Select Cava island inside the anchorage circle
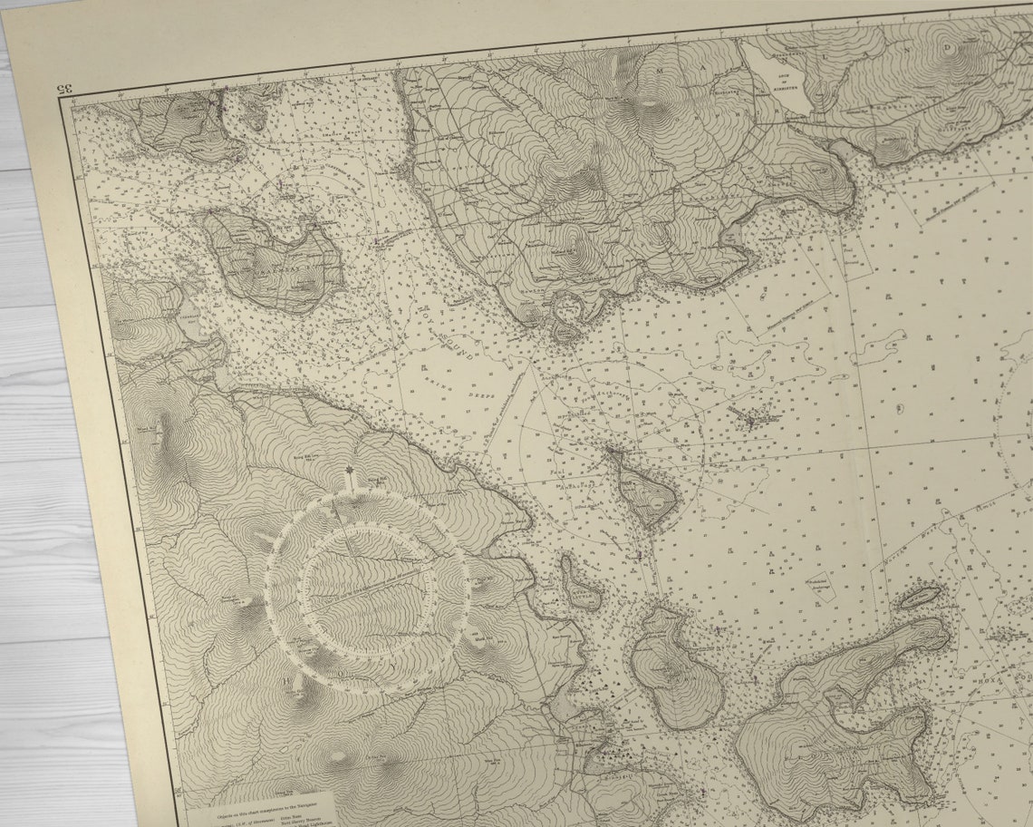coord(644,490)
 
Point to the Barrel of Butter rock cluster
coord(752,419)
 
